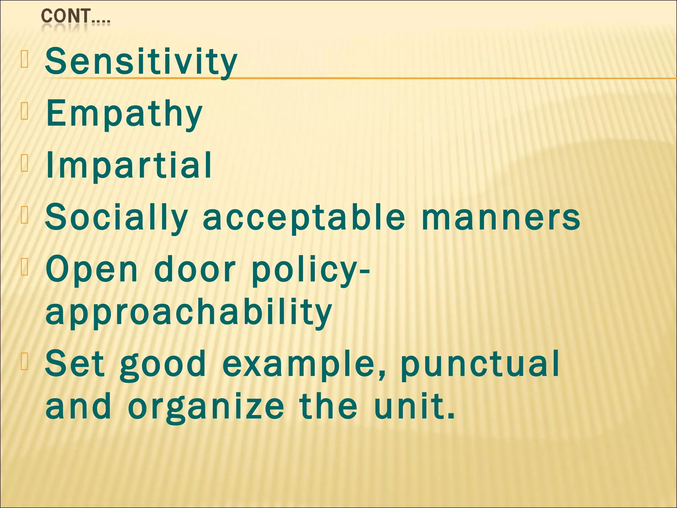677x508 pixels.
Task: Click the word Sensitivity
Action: tap(141, 62)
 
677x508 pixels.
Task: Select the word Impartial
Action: tap(129, 165)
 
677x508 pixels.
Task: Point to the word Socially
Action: tap(116, 218)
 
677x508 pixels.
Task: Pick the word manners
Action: tap(500, 217)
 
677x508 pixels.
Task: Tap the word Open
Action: tap(92, 270)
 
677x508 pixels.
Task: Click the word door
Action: tap(195, 269)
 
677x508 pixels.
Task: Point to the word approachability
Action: tap(188, 313)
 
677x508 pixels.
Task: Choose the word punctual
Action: tap(480, 364)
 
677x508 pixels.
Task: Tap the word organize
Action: tap(206, 407)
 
